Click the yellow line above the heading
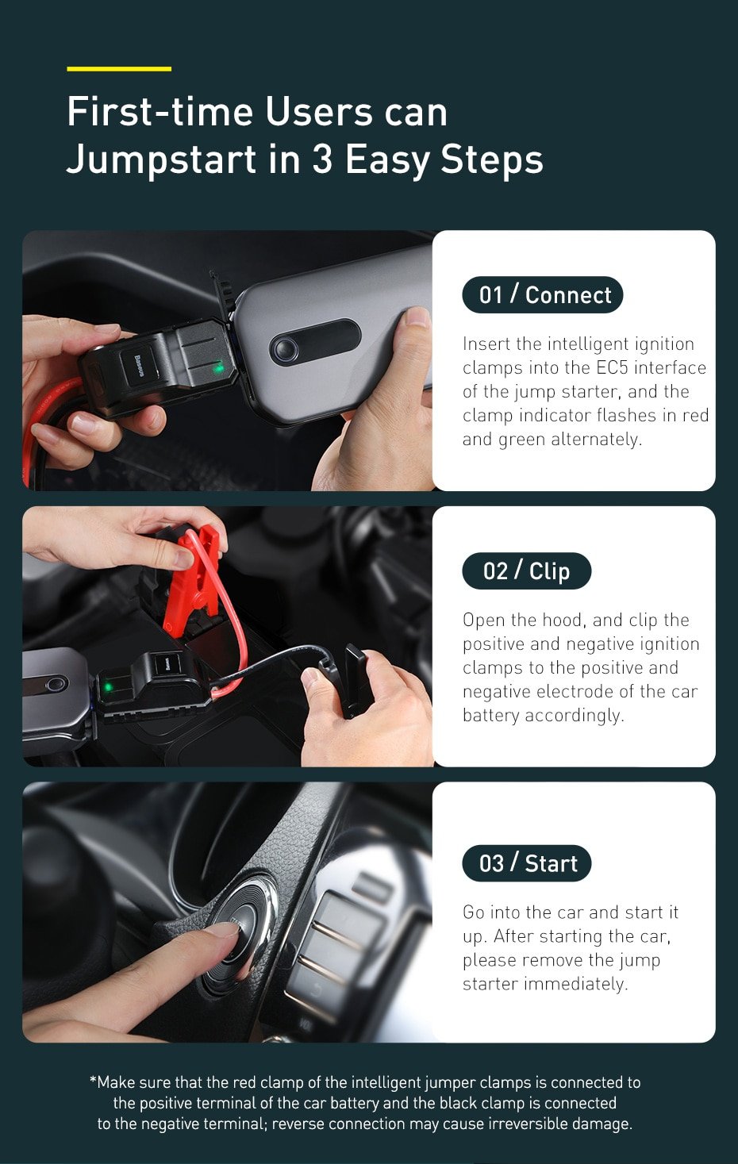[x=119, y=69]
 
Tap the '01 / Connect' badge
[x=543, y=295]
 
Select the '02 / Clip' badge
[x=526, y=571]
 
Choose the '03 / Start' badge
[x=527, y=863]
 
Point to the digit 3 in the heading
[x=322, y=159]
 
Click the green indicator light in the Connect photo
[x=218, y=368]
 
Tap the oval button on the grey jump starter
[x=315, y=344]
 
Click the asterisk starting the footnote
[x=93, y=1081]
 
